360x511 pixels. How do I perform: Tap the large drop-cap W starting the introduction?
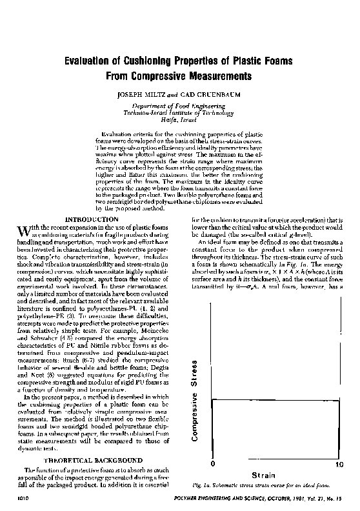point(24,230)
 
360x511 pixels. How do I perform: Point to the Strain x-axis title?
point(275,474)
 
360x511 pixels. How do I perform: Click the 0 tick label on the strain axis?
point(212,465)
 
